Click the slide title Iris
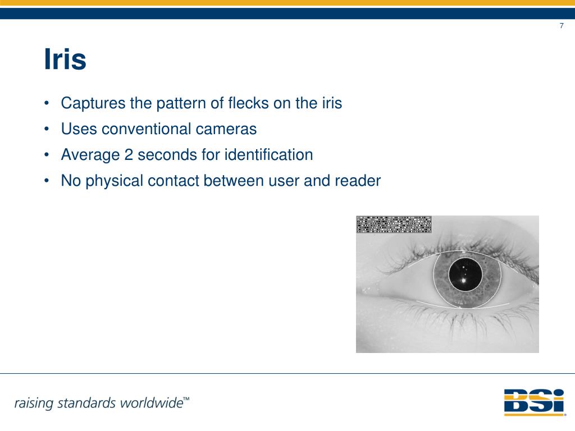pyautogui.click(x=65, y=60)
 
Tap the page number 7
pyautogui.click(x=562, y=26)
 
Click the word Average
pyautogui.click(x=90, y=155)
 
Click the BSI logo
pyautogui.click(x=533, y=401)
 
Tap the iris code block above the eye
pyautogui.click(x=394, y=224)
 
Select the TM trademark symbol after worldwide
pyautogui.click(x=186, y=399)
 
